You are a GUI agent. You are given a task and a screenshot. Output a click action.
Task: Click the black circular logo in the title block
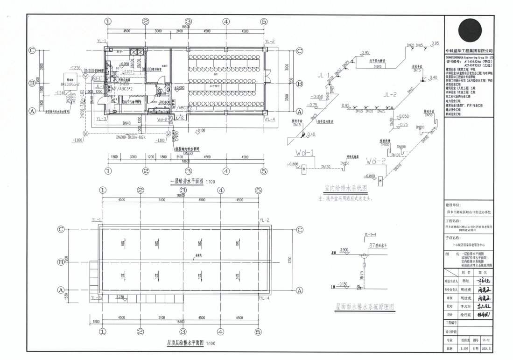(x=469, y=31)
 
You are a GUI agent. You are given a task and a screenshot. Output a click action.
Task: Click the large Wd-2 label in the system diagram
(x=376, y=162)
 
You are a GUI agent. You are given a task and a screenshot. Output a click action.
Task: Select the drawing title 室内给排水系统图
(x=345, y=188)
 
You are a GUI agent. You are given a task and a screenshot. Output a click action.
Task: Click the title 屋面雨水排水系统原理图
(x=365, y=307)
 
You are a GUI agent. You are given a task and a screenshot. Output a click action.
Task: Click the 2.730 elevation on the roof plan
(x=119, y=296)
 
